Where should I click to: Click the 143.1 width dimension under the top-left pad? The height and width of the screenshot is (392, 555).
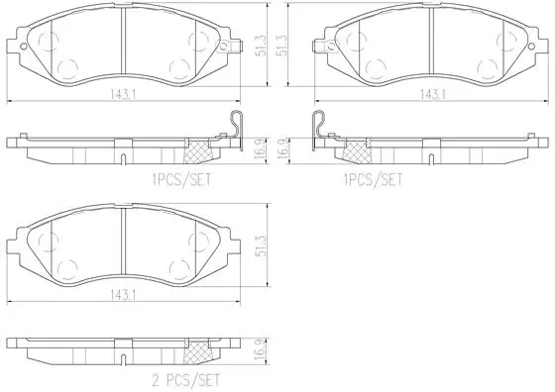(123, 95)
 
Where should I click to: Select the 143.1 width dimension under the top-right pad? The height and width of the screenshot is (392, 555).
(433, 95)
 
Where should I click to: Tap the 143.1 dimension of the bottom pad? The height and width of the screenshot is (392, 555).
(123, 295)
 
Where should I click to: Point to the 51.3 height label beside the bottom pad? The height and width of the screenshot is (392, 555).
(262, 245)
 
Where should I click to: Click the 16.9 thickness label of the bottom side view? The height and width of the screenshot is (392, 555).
(262, 350)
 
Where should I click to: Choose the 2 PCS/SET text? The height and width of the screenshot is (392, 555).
(186, 380)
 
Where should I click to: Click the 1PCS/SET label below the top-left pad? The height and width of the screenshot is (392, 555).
(181, 179)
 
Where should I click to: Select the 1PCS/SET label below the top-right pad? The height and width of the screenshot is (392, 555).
(373, 179)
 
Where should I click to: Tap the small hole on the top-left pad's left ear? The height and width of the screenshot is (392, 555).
(24, 47)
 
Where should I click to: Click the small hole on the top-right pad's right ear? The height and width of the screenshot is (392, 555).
(531, 47)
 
